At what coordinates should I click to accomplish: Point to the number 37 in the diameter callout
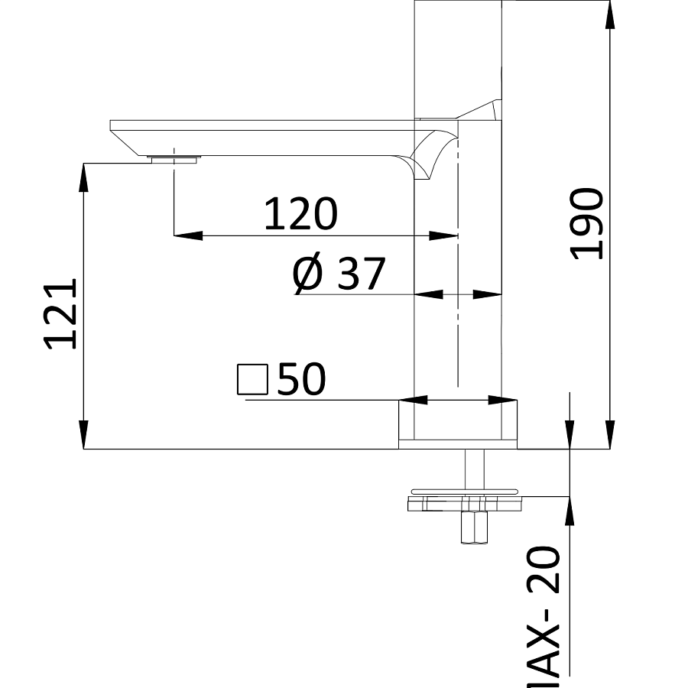click(360, 274)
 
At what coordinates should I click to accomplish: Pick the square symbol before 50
click(252, 380)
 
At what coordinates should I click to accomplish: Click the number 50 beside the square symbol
click(301, 379)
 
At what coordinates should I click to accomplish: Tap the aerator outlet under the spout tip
click(174, 159)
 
